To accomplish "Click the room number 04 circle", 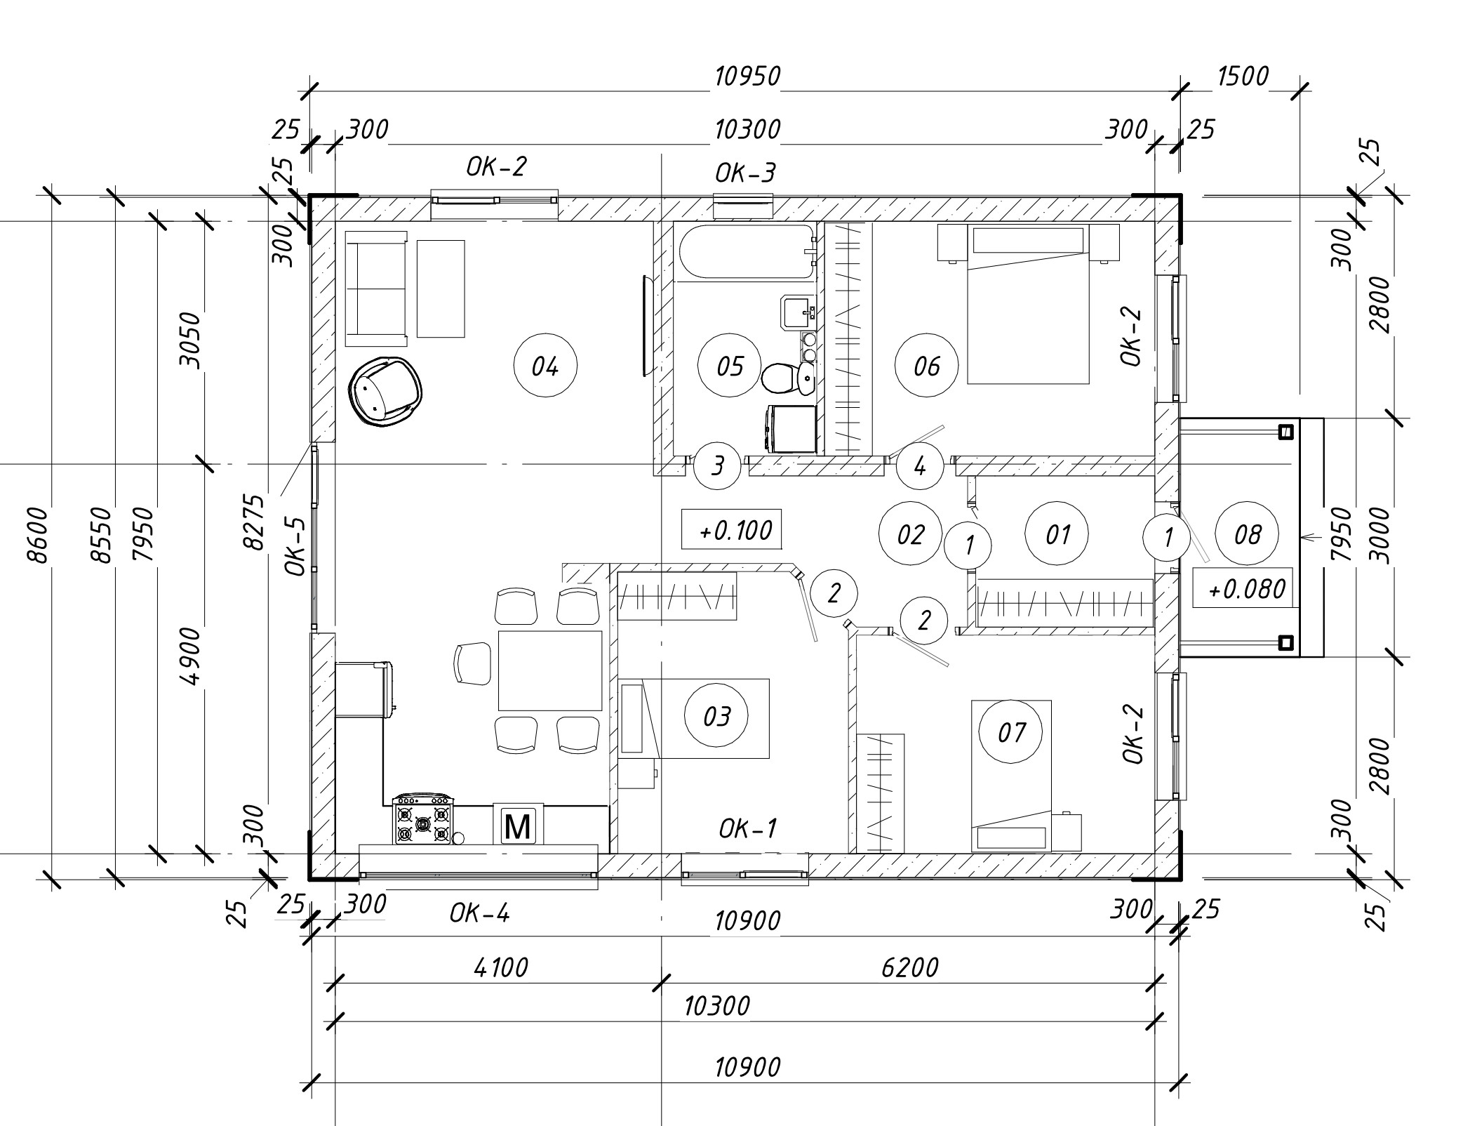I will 545,366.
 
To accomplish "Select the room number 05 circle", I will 730,366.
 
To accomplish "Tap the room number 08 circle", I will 1247,535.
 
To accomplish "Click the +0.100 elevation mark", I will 731,529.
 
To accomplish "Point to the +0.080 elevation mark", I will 1243,588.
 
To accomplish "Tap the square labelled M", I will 518,825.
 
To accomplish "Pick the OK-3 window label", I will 745,173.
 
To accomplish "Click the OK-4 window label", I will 479,913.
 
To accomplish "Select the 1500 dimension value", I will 1243,76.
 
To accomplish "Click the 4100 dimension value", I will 500,968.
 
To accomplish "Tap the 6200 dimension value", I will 909,968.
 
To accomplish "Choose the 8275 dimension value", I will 253,521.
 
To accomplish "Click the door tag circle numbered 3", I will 717,465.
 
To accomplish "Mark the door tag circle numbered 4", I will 919,465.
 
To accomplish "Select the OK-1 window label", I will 748,829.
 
